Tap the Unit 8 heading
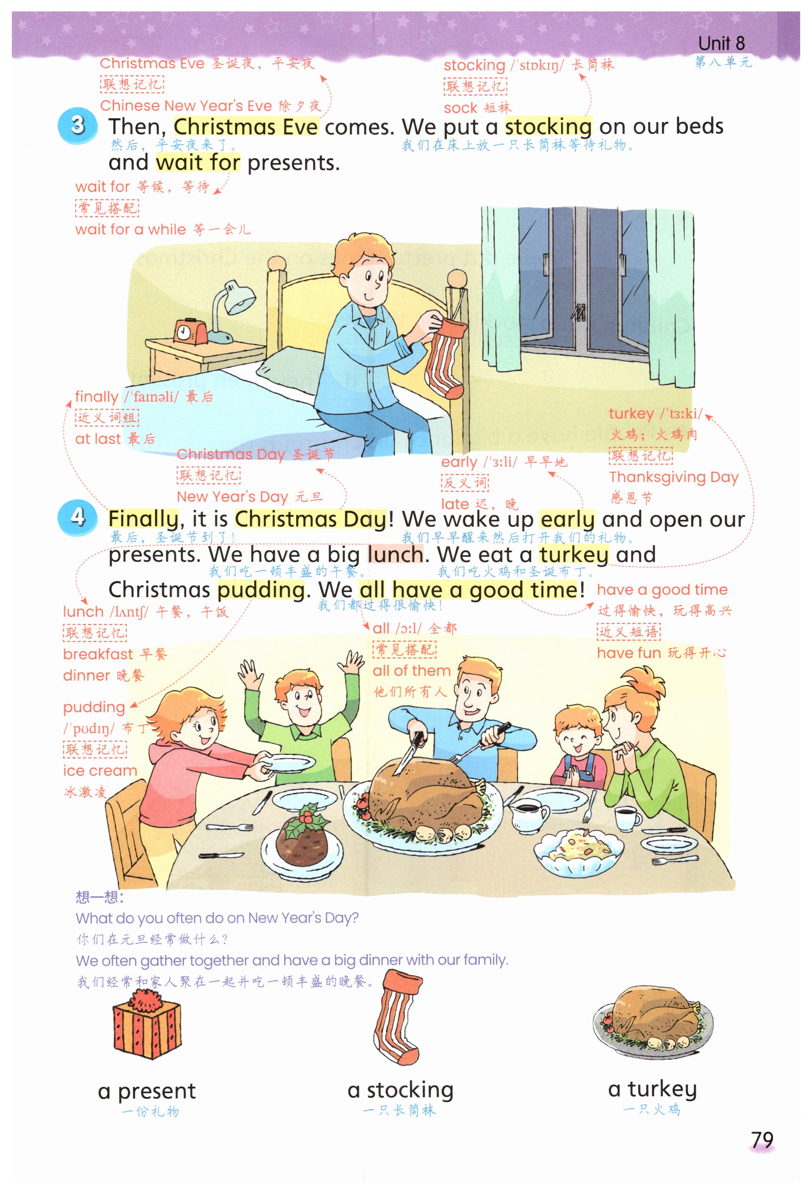click(721, 43)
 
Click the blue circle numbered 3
click(77, 125)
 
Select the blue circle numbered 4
click(77, 517)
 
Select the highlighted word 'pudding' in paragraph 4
click(261, 590)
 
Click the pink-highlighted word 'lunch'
click(395, 554)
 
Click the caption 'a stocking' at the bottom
click(400, 1090)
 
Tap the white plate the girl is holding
click(282, 763)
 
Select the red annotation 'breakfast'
click(97, 654)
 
